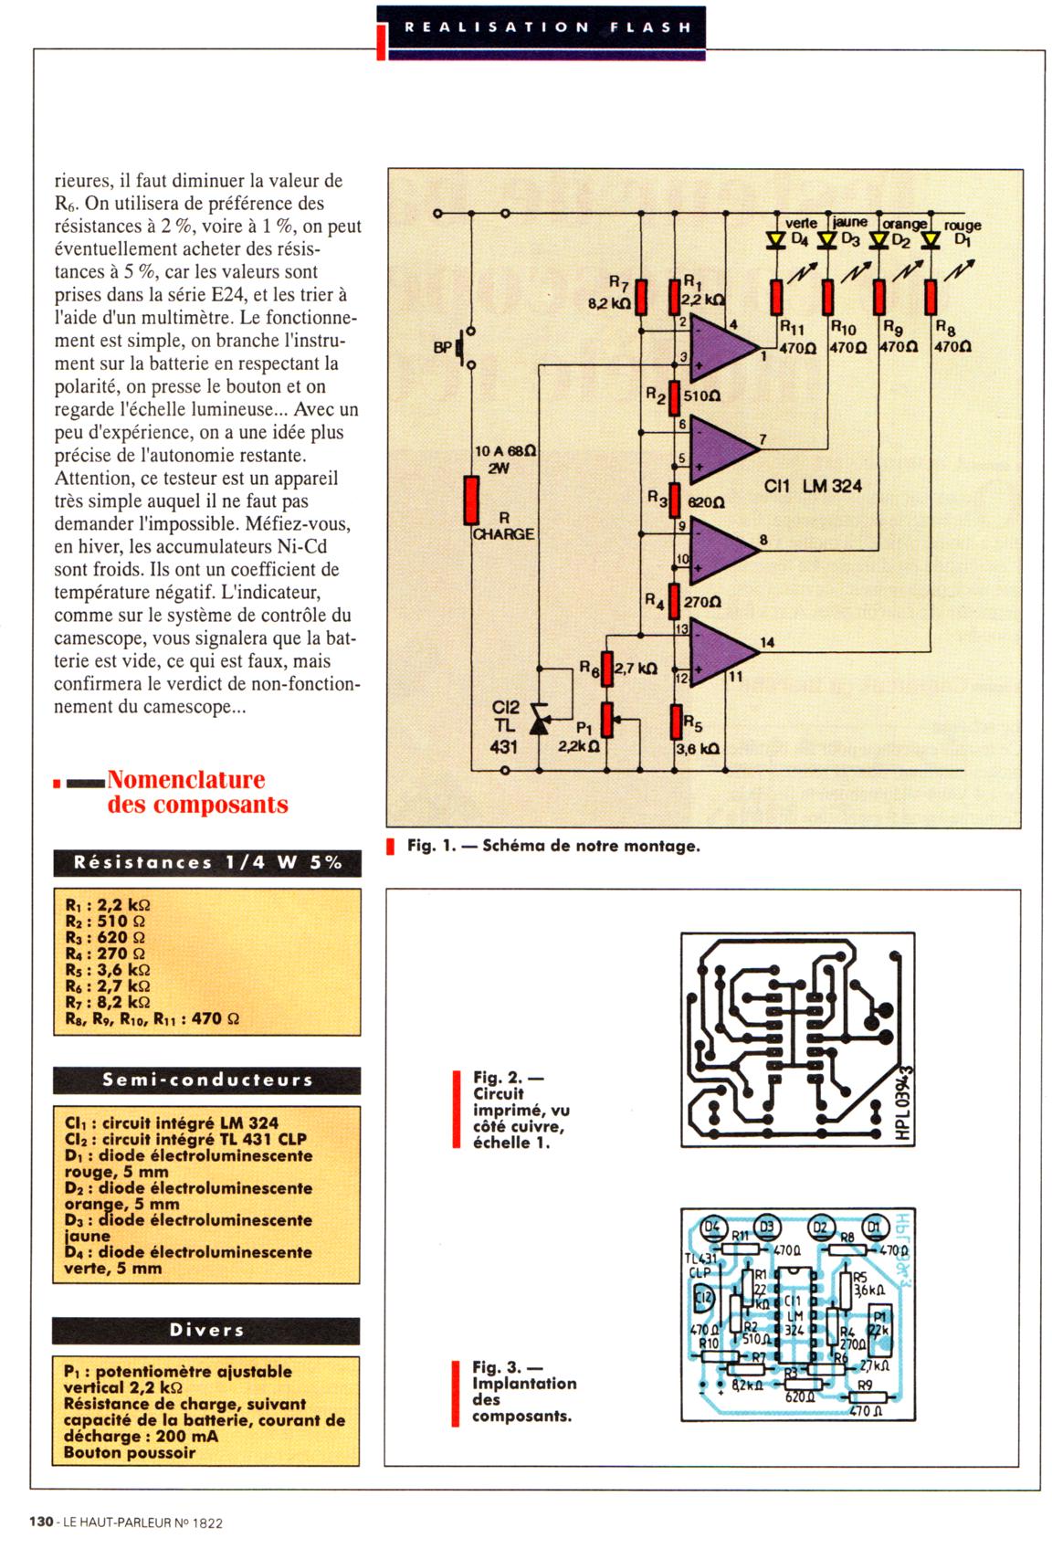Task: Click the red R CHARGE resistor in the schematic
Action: [471, 500]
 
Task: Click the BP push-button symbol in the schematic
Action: [464, 347]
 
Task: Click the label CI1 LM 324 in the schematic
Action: [813, 487]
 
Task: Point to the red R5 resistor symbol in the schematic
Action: [676, 722]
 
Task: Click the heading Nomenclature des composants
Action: [186, 792]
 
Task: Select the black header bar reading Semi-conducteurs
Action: [206, 1080]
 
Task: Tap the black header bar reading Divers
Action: [206, 1330]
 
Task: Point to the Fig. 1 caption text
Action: [552, 846]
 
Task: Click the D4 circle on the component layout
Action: [713, 1227]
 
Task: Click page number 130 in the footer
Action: [41, 1522]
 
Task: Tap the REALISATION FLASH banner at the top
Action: [546, 27]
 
